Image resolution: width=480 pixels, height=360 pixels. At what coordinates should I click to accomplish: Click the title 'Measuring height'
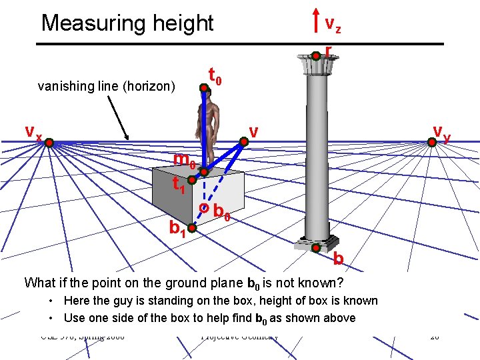pos(127,23)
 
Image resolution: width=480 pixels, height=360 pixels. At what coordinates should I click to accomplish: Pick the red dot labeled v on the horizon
pos(244,140)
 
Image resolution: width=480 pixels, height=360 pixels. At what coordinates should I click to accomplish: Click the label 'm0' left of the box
pos(184,161)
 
